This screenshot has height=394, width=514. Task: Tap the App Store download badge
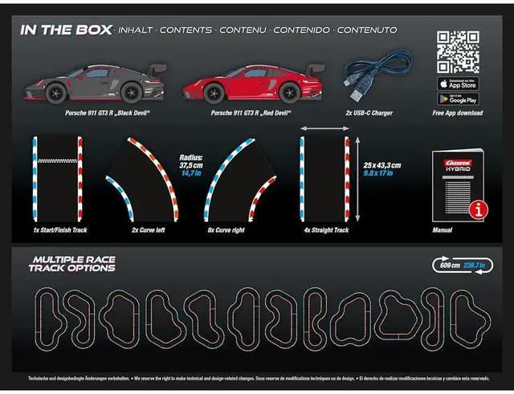click(458, 83)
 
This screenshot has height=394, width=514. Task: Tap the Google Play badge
click(458, 99)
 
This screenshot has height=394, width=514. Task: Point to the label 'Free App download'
click(458, 113)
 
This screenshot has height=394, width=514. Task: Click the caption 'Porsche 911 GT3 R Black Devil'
click(108, 113)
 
